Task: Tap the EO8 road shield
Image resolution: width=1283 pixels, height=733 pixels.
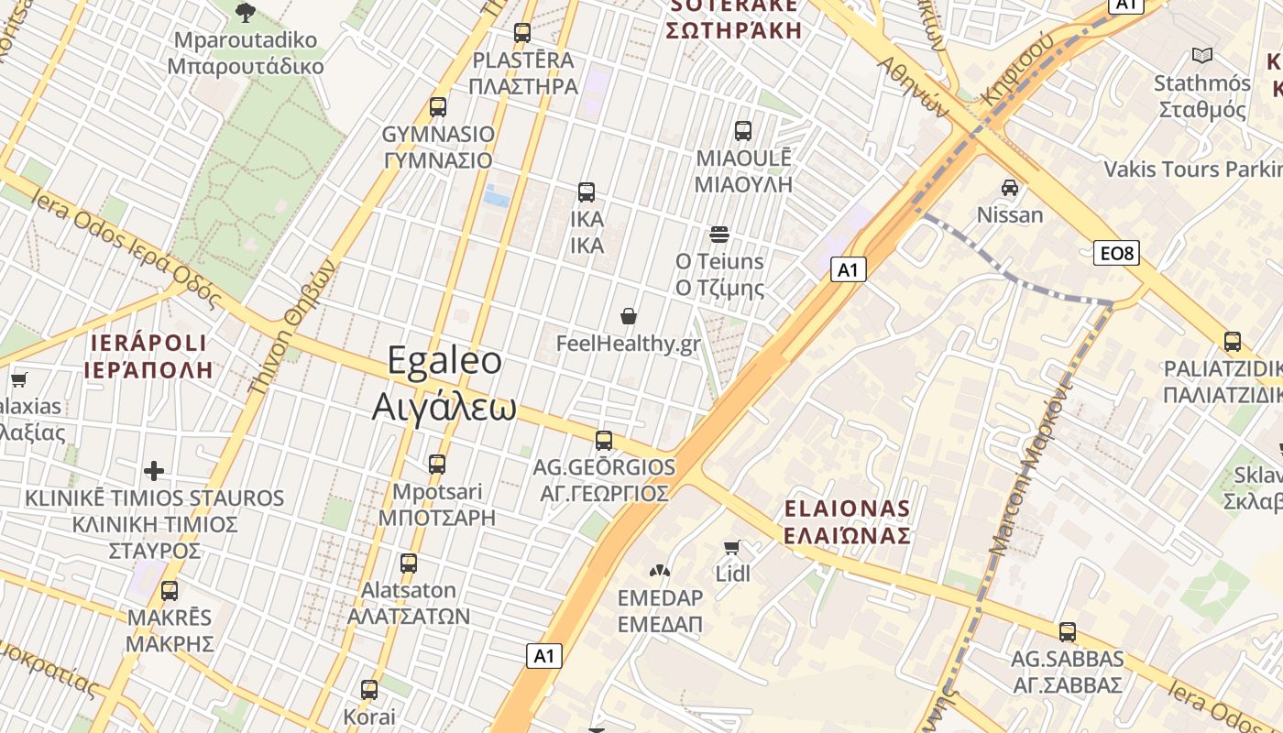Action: click(x=1116, y=253)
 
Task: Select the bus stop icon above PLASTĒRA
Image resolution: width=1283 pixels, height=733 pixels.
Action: click(x=522, y=33)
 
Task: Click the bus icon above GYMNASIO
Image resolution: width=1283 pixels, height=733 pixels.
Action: click(x=438, y=106)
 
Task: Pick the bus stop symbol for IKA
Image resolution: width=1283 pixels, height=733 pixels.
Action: click(x=587, y=192)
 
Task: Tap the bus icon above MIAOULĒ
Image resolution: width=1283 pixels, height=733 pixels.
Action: click(x=742, y=130)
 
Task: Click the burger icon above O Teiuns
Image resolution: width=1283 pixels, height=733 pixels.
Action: click(x=719, y=235)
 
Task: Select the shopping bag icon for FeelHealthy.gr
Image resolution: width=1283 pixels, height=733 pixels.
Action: click(x=629, y=317)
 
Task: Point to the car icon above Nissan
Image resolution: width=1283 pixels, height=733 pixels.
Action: click(x=1010, y=188)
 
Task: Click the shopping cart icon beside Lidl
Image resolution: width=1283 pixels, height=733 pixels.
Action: click(x=731, y=547)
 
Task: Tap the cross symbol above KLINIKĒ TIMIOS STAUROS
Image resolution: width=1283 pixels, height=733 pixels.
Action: click(x=154, y=471)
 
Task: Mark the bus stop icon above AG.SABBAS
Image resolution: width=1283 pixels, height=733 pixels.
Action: click(x=1067, y=631)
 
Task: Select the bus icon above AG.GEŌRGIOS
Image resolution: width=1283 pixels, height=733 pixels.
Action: click(x=604, y=440)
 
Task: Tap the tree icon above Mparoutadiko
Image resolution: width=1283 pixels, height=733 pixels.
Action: click(x=245, y=12)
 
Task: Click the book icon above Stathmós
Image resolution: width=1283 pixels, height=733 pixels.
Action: click(x=1201, y=55)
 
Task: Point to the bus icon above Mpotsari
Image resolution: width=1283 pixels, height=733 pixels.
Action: click(x=437, y=465)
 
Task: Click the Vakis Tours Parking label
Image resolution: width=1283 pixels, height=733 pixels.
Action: click(x=1191, y=170)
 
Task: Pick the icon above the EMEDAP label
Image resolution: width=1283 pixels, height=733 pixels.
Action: click(x=660, y=572)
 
